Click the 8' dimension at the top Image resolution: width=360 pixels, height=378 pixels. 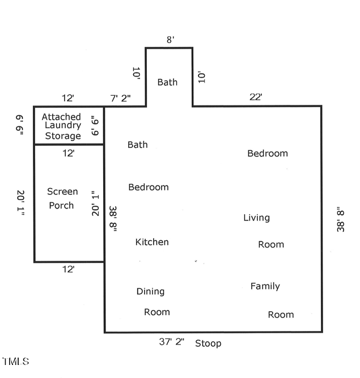point(170,40)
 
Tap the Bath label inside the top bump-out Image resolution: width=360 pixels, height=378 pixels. point(167,82)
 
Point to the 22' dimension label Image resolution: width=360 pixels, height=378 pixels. point(256,97)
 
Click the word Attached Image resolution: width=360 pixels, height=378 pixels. point(61,117)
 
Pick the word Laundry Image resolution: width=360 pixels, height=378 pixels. point(62,126)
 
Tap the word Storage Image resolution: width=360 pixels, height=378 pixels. point(62,136)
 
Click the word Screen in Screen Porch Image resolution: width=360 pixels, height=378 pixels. point(62,192)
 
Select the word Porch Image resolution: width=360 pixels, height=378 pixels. point(61,205)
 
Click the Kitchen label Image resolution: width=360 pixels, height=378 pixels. point(152,242)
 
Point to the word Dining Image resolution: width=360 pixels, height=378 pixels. point(150,291)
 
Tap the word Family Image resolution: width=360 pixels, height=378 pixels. point(265,286)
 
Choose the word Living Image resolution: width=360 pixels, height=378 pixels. point(256,218)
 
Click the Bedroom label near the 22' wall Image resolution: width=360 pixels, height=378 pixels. point(268,153)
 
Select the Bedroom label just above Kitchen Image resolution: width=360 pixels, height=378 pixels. point(149,187)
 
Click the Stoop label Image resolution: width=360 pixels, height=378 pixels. point(208,343)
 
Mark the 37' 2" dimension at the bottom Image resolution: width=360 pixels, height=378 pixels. point(171,342)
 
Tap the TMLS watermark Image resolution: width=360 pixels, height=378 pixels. point(16,361)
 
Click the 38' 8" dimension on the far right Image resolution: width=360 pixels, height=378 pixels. point(341,219)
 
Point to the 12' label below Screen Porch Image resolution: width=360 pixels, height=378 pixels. point(68,270)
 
